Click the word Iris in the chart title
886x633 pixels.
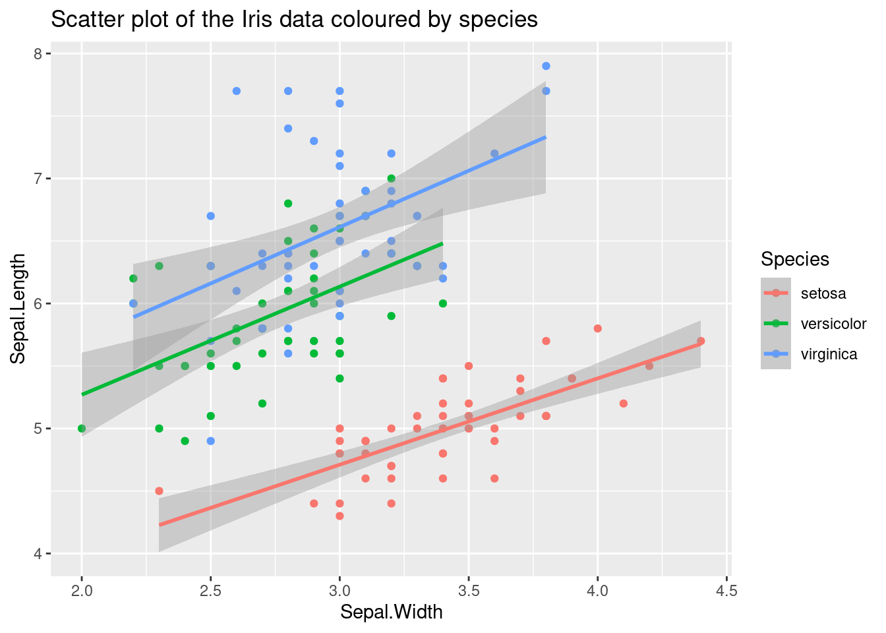click(247, 20)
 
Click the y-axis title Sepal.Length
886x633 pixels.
click(18, 307)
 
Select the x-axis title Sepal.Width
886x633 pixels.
click(391, 612)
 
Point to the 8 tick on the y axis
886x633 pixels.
click(38, 53)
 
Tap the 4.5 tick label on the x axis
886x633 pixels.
click(726, 590)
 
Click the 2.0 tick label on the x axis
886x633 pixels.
click(82, 590)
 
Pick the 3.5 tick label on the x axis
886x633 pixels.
click(468, 590)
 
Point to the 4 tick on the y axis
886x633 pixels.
click(38, 553)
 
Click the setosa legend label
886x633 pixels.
click(823, 293)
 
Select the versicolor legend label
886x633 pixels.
click(833, 324)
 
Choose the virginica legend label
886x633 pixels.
click(829, 354)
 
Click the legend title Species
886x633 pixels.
click(794, 259)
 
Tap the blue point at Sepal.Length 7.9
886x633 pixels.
click(546, 66)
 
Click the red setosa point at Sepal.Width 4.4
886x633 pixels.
click(700, 341)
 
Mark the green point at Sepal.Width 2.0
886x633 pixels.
click(82, 429)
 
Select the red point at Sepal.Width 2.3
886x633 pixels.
click(159, 491)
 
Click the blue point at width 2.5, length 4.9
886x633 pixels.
click(210, 440)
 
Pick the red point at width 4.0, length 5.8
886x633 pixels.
click(597, 328)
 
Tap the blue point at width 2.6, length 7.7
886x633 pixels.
click(237, 91)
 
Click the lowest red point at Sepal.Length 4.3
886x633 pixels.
click(340, 516)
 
